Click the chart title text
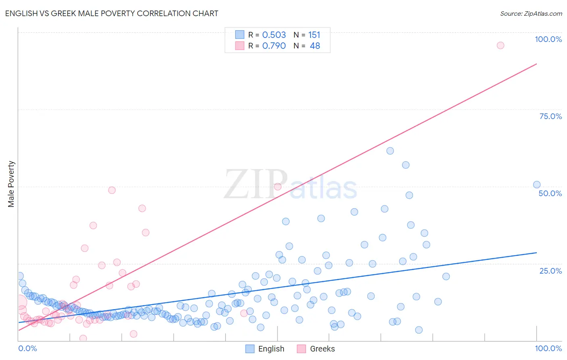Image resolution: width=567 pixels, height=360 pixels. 112,13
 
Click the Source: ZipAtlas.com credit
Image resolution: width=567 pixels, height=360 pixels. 531,13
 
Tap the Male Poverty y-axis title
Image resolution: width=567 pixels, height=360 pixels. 11,184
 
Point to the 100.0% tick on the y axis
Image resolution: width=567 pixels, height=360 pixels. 548,39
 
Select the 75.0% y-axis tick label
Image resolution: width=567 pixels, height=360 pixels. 550,116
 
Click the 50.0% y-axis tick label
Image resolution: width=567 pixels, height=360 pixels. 550,193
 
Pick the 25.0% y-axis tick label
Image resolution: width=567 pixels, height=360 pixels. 550,271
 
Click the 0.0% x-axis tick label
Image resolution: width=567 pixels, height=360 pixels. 27,348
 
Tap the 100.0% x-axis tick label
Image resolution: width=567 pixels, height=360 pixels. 548,348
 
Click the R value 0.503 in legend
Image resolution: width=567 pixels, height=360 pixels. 274,35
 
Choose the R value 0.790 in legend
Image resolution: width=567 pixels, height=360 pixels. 274,46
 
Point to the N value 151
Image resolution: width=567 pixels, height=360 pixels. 314,35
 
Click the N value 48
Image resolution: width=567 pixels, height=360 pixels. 315,46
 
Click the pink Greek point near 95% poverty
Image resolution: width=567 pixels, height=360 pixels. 500,45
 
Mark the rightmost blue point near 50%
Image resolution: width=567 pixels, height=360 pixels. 537,184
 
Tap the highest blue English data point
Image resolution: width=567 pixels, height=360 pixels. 390,151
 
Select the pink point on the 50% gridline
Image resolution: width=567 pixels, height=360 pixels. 277,186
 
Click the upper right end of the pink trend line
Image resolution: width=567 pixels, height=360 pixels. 536,64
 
